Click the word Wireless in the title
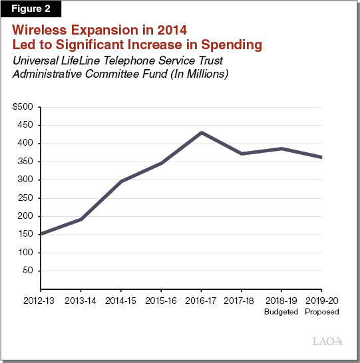click(41, 31)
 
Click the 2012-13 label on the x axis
click(41, 301)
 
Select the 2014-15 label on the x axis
click(121, 301)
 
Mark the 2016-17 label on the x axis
click(201, 301)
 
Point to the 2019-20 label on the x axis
click(321, 301)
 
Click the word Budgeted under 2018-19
click(281, 311)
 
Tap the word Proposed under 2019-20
click(321, 311)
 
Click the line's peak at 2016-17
click(201, 132)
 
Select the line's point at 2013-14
click(81, 219)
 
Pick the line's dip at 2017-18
click(241, 154)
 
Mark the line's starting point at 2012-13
click(41, 233)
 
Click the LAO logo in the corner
click(327, 341)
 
